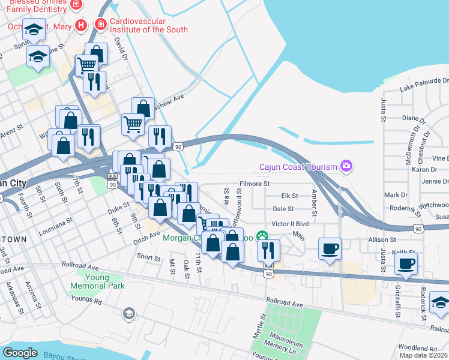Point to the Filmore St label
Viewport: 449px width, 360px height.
[255, 184]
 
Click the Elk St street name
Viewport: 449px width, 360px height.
[290, 196]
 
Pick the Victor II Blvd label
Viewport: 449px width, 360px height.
[290, 223]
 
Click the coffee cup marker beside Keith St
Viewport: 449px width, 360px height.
[406, 263]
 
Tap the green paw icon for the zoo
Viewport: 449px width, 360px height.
[262, 236]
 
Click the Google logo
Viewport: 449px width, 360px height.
[20, 352]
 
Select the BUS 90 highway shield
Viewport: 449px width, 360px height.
[112, 180]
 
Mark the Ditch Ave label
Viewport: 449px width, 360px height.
[146, 236]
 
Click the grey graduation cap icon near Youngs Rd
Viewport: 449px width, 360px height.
[128, 313]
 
